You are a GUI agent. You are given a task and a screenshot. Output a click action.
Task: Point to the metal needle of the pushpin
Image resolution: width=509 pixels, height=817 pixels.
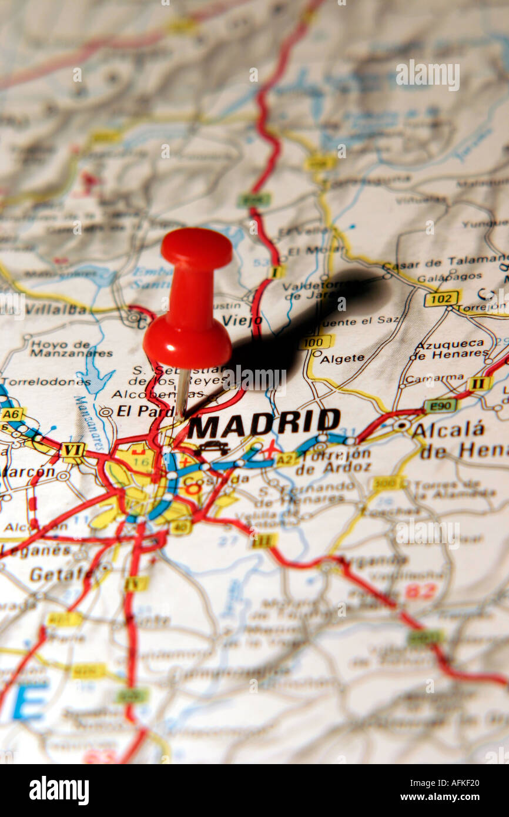point(182,391)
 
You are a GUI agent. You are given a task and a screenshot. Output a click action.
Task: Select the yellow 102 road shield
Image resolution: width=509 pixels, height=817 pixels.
point(442,298)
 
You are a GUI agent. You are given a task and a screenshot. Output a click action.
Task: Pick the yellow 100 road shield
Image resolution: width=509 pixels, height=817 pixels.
point(316,341)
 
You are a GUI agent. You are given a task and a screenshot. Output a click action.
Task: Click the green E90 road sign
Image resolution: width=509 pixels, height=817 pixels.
point(440,405)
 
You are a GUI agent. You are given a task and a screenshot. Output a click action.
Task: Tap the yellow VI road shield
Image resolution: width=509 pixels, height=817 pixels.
point(73,450)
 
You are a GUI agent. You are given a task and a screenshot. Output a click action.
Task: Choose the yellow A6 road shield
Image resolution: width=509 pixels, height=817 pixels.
point(11,414)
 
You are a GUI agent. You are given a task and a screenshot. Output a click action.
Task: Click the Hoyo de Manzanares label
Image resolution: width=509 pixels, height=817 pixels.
point(71,349)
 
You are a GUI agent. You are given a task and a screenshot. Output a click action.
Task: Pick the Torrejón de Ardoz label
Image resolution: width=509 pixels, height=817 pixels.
point(333,461)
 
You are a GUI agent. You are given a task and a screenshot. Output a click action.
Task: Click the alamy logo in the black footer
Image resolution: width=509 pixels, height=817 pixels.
point(59,791)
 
